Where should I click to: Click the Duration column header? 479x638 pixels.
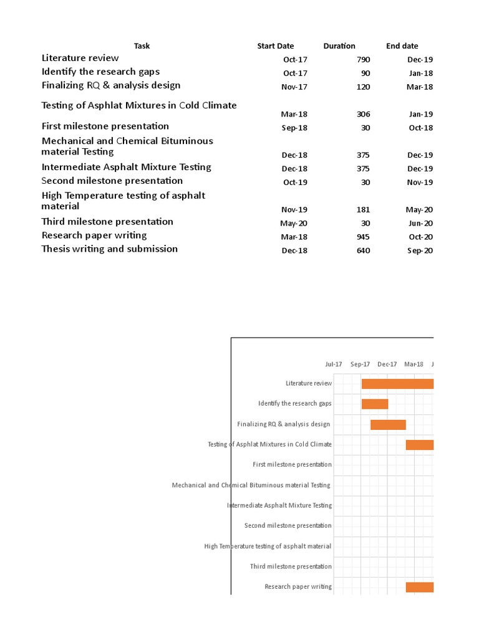[339, 46]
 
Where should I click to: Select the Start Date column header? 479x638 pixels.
[275, 46]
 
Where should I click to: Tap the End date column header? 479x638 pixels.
[402, 46]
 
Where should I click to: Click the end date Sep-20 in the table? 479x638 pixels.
[419, 250]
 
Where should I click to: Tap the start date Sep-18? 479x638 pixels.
[294, 128]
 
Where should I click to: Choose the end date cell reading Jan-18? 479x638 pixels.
[420, 74]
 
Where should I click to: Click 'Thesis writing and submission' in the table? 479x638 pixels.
[110, 249]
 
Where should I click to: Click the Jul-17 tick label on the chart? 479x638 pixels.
[334, 364]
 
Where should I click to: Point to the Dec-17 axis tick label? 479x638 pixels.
[387, 364]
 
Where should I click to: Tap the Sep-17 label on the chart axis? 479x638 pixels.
[360, 364]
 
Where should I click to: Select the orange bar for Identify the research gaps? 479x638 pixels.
[375, 404]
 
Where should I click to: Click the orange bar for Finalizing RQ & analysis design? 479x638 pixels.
[388, 424]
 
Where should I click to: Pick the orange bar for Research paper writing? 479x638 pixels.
[419, 587]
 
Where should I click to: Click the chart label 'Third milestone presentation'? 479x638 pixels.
[291, 566]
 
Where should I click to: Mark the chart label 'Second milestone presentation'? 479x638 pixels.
[288, 526]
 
